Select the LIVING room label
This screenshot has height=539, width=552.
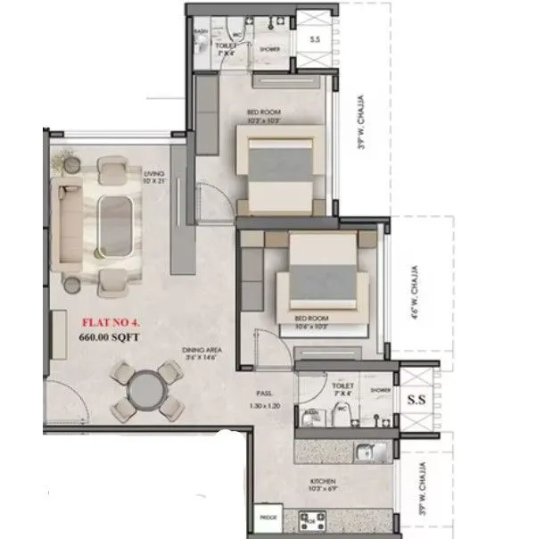point(154,175)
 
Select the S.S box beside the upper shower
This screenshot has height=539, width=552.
point(315,39)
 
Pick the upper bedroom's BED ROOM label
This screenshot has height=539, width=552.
point(265,113)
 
